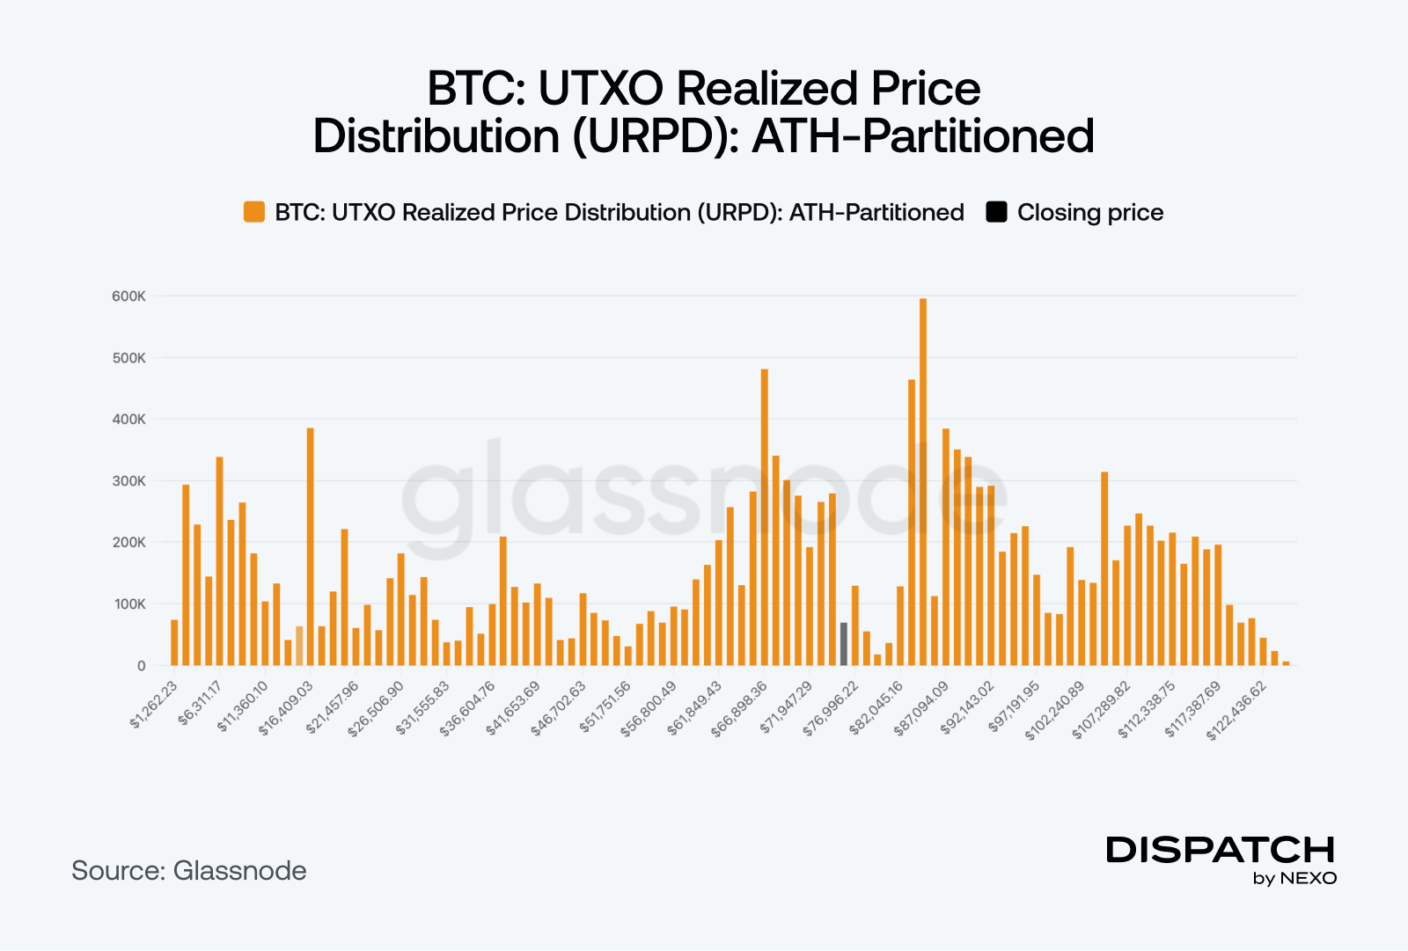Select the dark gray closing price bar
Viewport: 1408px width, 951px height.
(x=843, y=644)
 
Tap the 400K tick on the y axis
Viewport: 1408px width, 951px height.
(x=128, y=420)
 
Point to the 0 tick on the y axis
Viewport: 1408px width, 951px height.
(x=141, y=666)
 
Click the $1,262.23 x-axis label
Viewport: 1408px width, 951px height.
(x=154, y=705)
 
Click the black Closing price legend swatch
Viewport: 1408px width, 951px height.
(x=996, y=212)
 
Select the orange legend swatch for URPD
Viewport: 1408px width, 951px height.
(x=254, y=212)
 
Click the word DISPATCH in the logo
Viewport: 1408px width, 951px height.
(x=1221, y=850)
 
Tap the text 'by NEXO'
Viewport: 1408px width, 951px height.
(x=1294, y=878)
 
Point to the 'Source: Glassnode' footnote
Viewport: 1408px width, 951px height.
(x=189, y=871)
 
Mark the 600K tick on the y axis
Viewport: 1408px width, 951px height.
(x=128, y=296)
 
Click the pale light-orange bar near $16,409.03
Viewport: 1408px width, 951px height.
(x=299, y=646)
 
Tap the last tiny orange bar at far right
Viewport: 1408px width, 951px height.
(x=1286, y=663)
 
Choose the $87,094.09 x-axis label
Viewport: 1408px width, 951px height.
(x=921, y=709)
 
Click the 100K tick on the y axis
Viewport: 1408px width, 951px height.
(x=128, y=604)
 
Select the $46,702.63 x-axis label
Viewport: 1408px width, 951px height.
(x=559, y=709)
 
